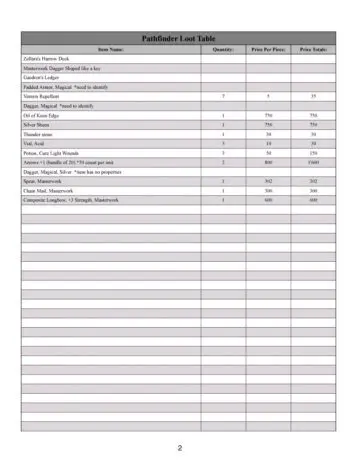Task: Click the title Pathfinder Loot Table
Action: [179, 37]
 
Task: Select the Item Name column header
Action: [110, 48]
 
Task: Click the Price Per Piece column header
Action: [268, 48]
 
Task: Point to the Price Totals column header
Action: [313, 48]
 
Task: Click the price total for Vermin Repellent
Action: [313, 96]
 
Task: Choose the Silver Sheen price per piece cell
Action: [268, 124]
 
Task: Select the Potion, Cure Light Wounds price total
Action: [313, 153]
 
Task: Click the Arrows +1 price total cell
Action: [313, 162]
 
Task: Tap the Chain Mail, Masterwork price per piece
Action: [268, 190]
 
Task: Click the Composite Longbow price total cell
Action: [313, 200]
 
